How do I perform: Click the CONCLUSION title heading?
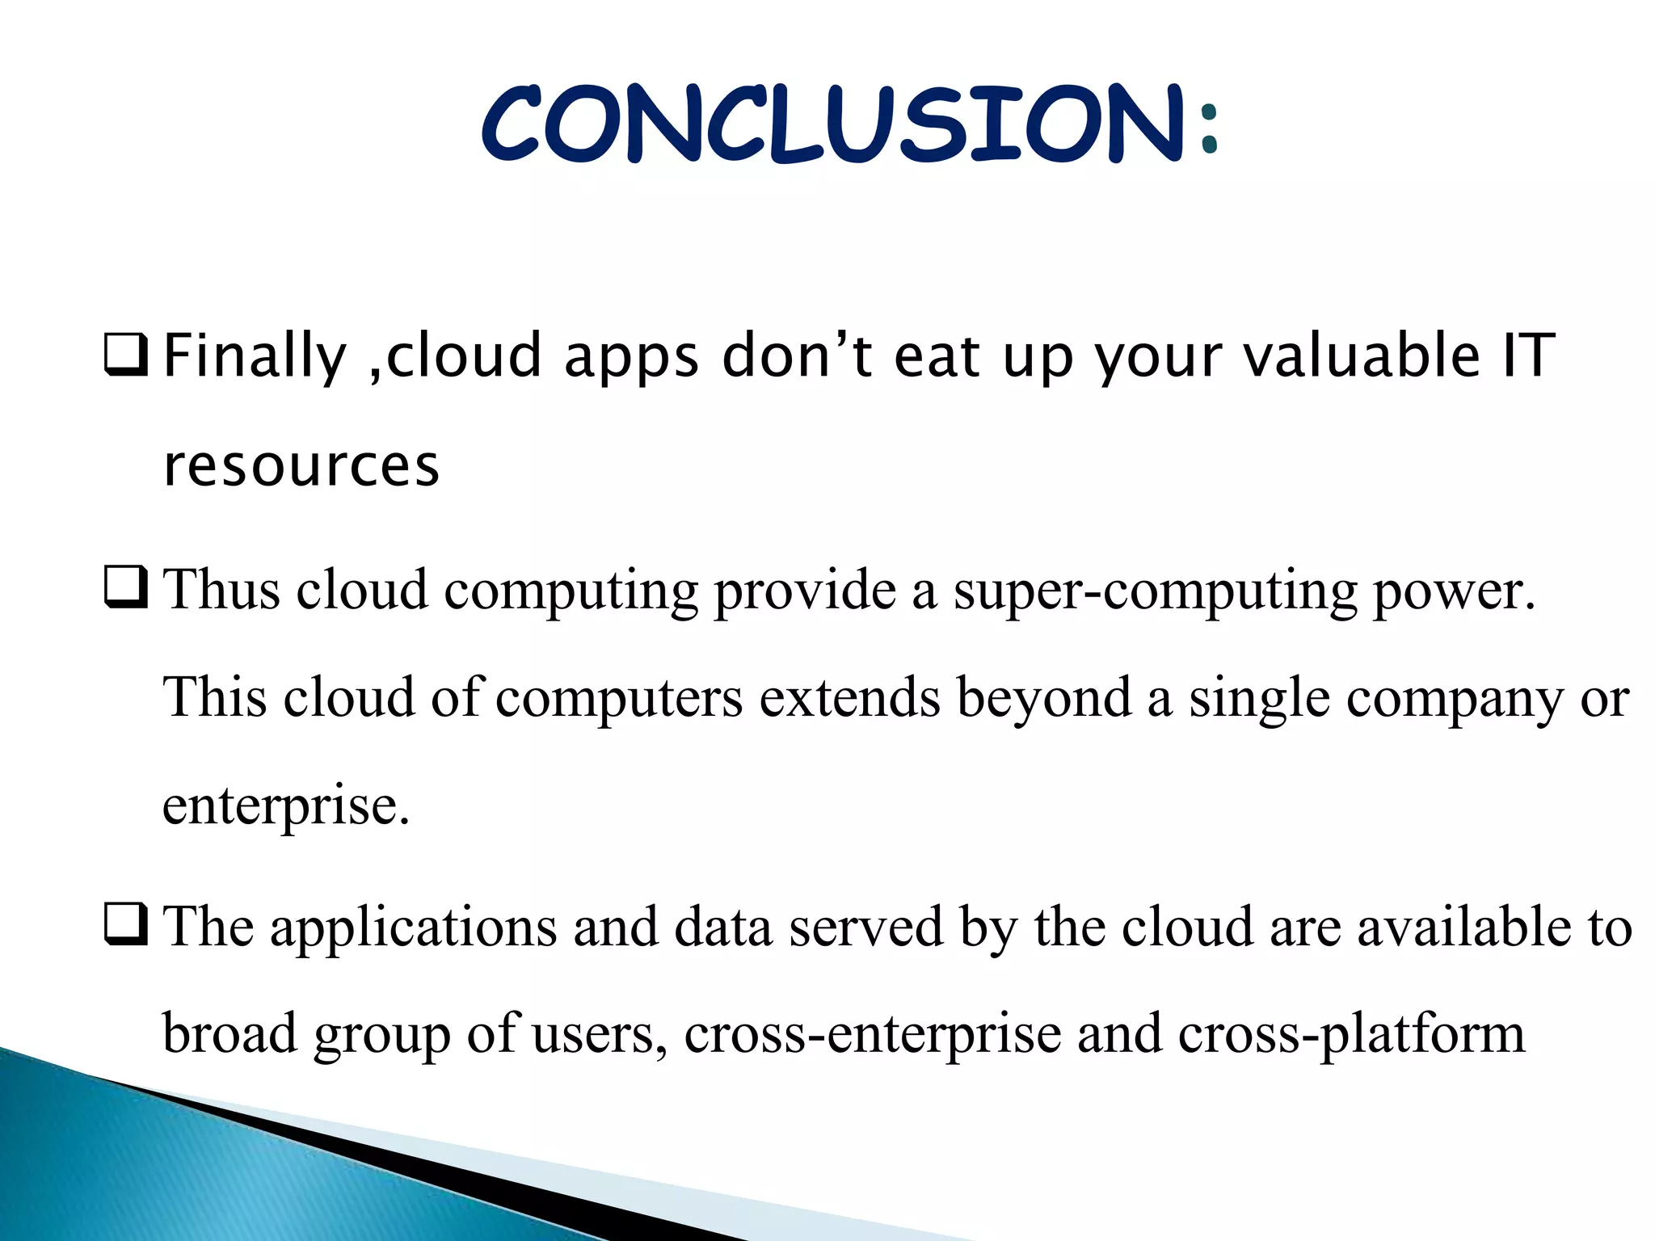[x=832, y=123]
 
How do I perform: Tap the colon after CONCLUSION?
[x=1208, y=129]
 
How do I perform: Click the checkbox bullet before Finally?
[x=126, y=356]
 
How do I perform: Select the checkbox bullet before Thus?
[x=126, y=587]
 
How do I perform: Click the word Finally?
[x=255, y=357]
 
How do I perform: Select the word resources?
[x=301, y=466]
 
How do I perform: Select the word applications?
[x=413, y=928]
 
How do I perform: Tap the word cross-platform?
[x=1351, y=1035]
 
